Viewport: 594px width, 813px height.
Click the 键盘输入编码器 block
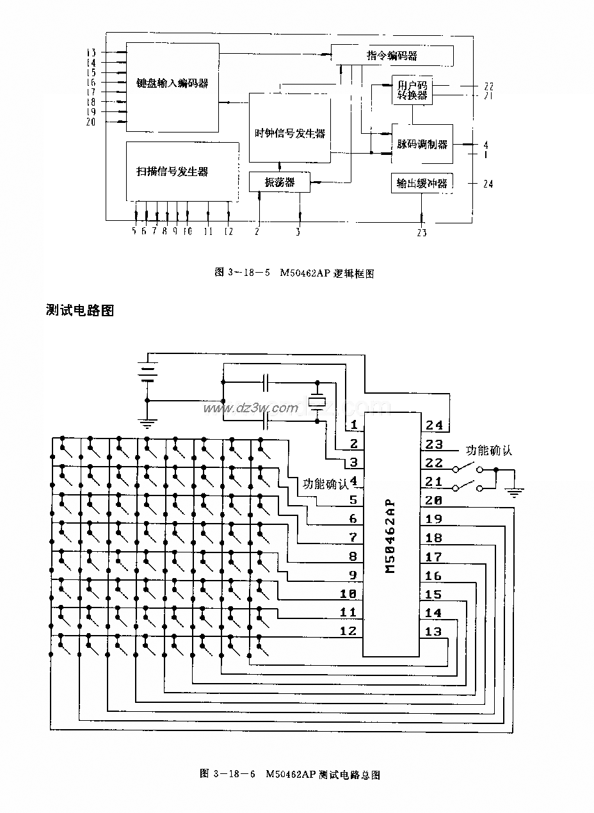[172, 83]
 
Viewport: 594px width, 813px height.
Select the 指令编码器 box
[392, 56]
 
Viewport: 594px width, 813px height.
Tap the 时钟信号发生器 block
[289, 133]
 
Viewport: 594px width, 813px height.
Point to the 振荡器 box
[280, 182]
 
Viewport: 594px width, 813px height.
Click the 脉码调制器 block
[422, 145]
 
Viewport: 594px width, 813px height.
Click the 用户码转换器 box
[412, 91]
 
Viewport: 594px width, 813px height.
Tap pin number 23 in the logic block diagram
[421, 233]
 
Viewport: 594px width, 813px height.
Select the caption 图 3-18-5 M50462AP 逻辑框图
[294, 273]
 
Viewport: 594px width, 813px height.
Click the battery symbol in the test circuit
[148, 372]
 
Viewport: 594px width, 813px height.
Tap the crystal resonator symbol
[317, 401]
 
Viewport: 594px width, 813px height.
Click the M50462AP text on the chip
[392, 536]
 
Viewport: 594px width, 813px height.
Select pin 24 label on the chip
[434, 426]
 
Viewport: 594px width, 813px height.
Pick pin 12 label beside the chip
[348, 631]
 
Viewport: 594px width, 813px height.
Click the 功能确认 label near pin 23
[489, 450]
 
